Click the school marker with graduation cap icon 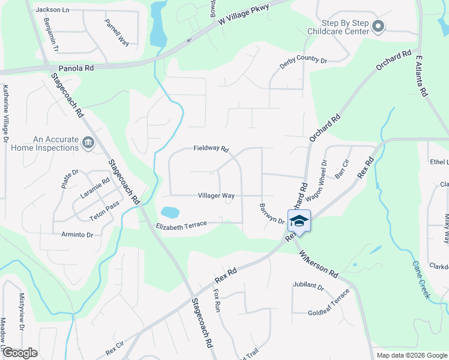[x=299, y=221]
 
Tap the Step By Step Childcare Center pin [x=378, y=26]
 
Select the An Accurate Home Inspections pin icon [x=88, y=143]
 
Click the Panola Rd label [x=76, y=68]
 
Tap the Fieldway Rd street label [x=211, y=149]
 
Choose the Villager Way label [x=216, y=196]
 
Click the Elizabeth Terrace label [x=181, y=224]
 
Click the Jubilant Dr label [x=309, y=287]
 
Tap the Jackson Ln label [x=52, y=10]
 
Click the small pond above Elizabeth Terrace [x=170, y=212]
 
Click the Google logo [x=20, y=353]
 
